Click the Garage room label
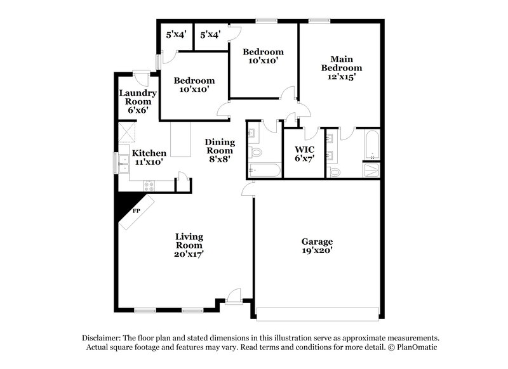[317, 246]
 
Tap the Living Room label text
[189, 245]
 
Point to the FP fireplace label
[136, 211]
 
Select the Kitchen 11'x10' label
[149, 157]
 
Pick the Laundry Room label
[137, 101]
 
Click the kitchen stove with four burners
[149, 186]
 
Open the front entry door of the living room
[234, 295]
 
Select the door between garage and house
[248, 188]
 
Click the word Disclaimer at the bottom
[104, 338]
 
